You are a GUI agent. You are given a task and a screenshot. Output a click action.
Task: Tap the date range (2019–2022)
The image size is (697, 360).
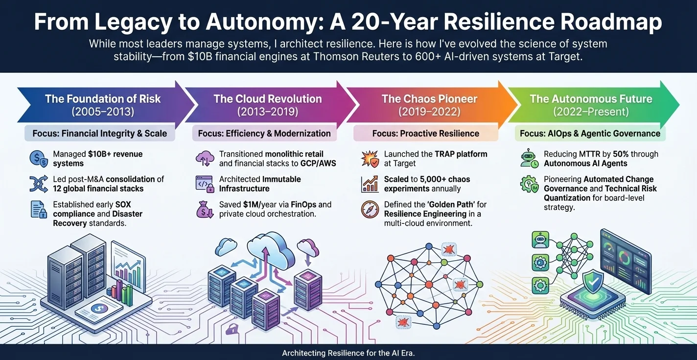tap(429, 112)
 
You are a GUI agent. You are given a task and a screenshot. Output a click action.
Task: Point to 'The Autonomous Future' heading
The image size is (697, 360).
tap(591, 99)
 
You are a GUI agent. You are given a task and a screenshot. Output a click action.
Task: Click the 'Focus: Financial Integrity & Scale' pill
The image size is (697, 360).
tap(100, 133)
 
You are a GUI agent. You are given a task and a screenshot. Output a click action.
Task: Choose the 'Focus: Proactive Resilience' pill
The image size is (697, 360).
tap(426, 133)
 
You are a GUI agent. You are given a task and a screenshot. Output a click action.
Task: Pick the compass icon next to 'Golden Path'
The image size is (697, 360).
tap(370, 209)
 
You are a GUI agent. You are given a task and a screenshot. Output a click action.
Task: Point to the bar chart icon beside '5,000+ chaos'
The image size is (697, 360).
tap(370, 184)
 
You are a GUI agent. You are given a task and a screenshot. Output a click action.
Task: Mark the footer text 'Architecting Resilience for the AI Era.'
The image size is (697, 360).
tap(348, 352)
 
